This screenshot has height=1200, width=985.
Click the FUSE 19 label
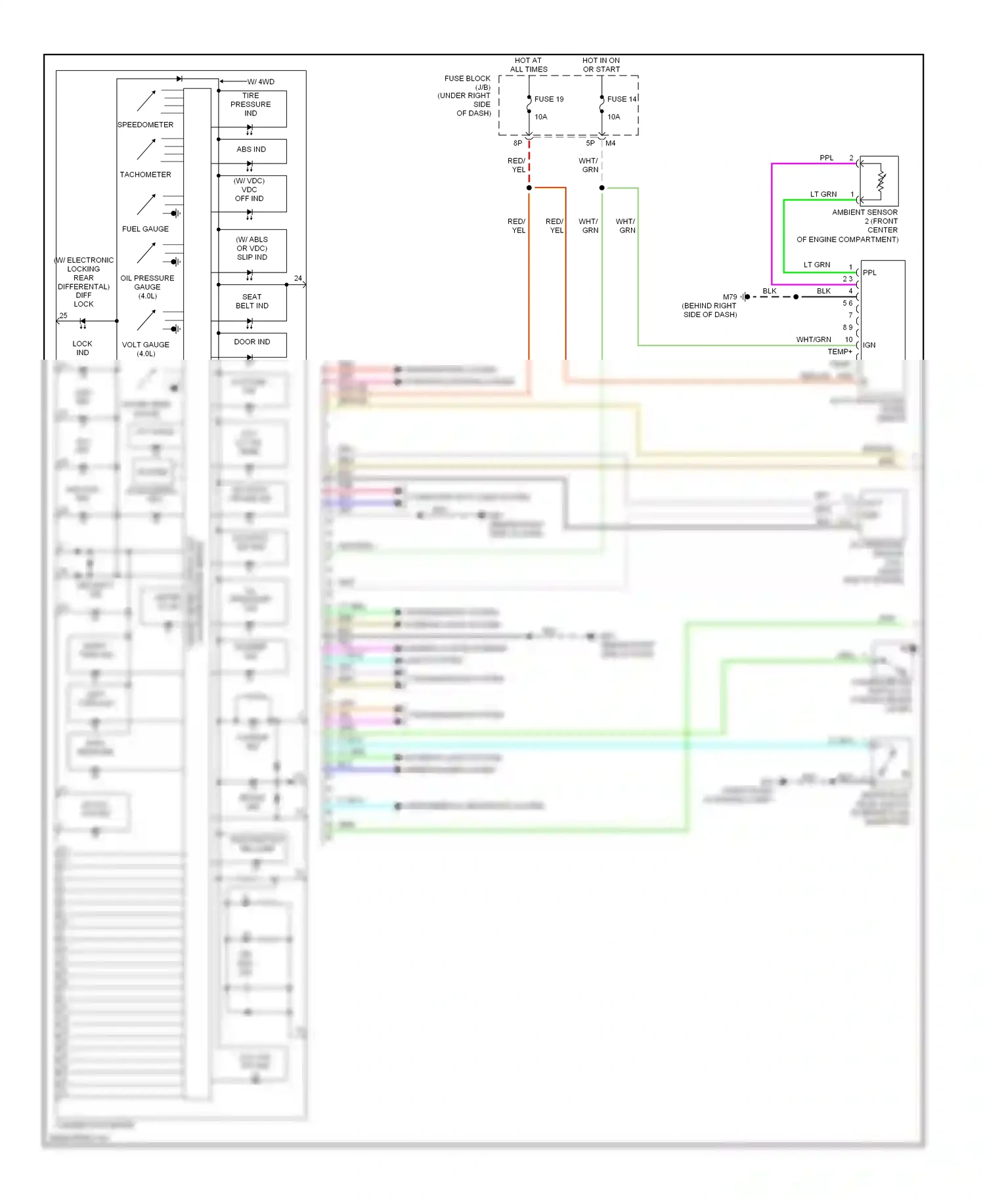tap(548, 99)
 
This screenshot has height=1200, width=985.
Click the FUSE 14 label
tap(621, 99)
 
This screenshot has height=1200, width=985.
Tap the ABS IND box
tap(252, 150)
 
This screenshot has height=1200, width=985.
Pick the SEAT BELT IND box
tap(252, 301)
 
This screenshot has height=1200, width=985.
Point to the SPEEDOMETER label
tap(145, 125)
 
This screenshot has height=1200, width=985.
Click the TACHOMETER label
tap(145, 175)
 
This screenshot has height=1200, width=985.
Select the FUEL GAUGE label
tap(145, 229)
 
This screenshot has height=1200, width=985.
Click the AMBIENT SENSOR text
tap(864, 213)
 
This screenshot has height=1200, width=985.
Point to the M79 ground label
tap(730, 297)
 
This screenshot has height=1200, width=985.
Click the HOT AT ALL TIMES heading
tap(529, 65)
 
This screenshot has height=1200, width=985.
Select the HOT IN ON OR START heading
tap(601, 65)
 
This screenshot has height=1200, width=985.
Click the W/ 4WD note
tap(261, 82)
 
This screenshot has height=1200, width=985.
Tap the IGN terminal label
tap(869, 345)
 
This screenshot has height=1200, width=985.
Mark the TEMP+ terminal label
tap(839, 352)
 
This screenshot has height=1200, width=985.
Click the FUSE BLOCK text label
tap(467, 79)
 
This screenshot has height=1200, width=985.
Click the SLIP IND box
tap(252, 249)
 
